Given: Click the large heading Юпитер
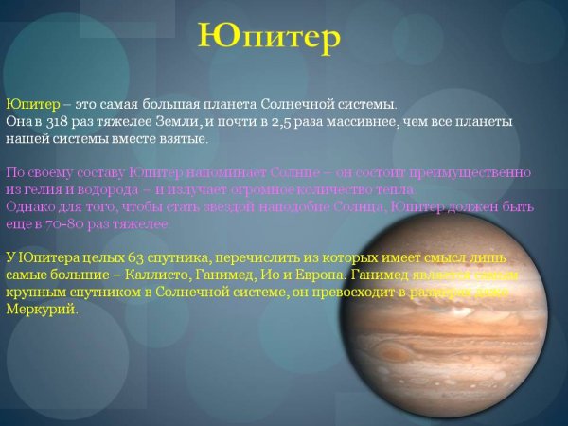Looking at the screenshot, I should pos(270,35).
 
